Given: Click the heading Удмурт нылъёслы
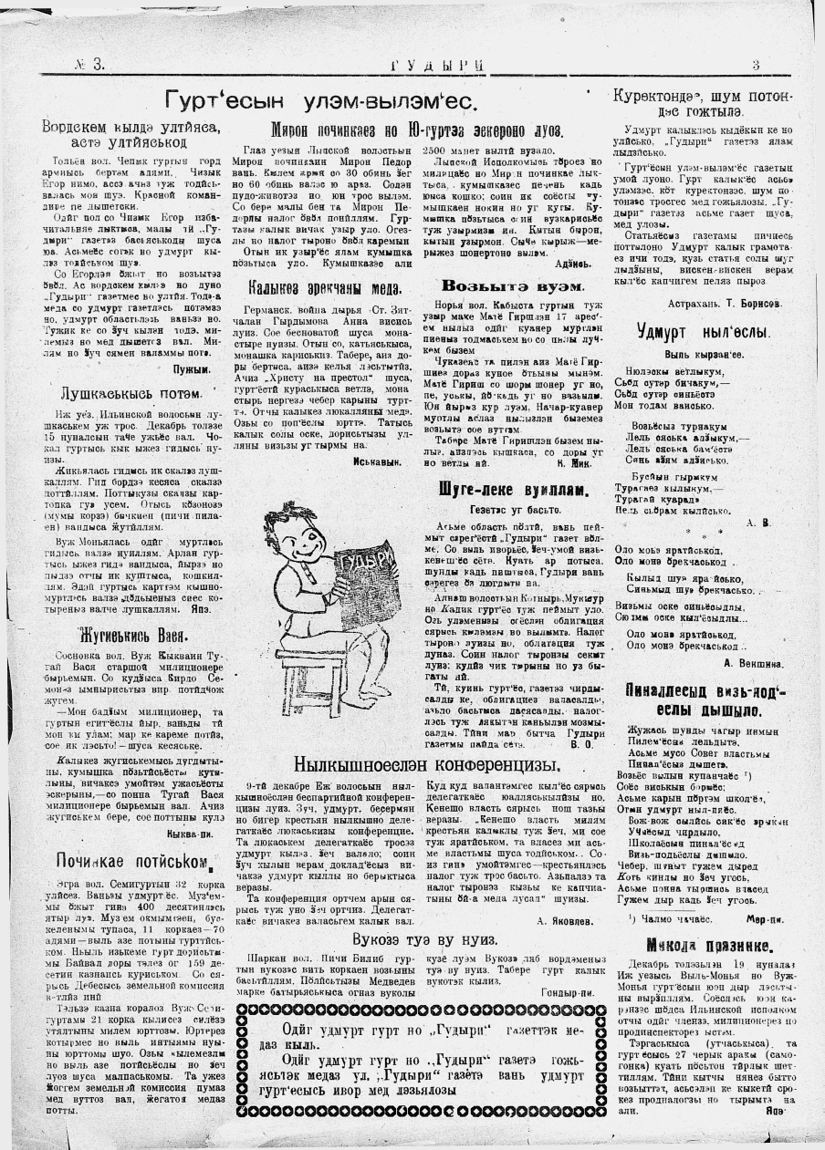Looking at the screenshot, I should [704, 331].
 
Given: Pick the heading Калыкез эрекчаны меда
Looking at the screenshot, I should [326, 288].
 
